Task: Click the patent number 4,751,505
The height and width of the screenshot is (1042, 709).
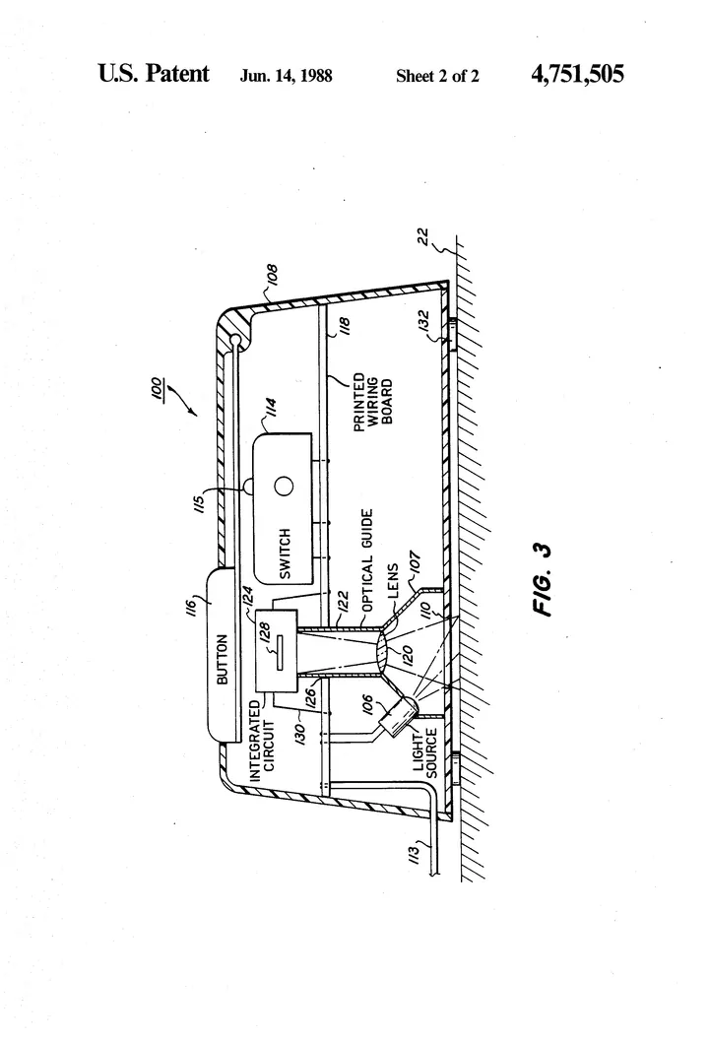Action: [x=577, y=74]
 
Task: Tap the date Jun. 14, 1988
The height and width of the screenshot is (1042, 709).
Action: [x=286, y=76]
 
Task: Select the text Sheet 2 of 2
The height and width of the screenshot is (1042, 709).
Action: [x=437, y=77]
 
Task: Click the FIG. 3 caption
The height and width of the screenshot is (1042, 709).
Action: [x=543, y=579]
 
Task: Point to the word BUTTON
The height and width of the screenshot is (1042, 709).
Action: [x=223, y=659]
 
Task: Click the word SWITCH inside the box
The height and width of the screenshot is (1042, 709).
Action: [x=285, y=554]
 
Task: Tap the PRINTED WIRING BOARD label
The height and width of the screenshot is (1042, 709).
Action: [x=372, y=402]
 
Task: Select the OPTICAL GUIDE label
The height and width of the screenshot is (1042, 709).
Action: [x=367, y=560]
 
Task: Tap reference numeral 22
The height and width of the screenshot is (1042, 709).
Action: [x=423, y=237]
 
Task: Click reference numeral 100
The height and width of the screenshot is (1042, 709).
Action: [x=157, y=388]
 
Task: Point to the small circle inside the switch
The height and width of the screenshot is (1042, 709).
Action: [x=284, y=487]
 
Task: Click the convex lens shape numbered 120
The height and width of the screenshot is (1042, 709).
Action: [x=386, y=651]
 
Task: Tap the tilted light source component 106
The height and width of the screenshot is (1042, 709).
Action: [x=398, y=716]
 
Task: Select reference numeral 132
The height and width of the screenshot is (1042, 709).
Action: [x=424, y=322]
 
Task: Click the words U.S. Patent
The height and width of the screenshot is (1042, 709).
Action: [x=154, y=73]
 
